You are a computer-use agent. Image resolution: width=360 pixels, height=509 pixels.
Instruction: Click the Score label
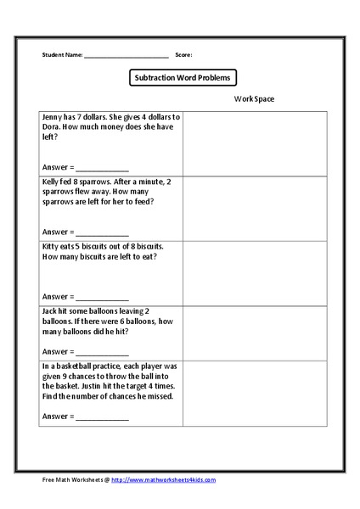coord(183,54)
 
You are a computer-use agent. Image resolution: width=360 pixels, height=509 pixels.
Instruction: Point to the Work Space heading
coord(255,99)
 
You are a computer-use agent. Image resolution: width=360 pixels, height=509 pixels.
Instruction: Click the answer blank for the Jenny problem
coord(102,167)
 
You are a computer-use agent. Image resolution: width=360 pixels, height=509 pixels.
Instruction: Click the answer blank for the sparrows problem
coord(102,232)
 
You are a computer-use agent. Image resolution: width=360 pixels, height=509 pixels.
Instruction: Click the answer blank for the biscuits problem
coord(102,297)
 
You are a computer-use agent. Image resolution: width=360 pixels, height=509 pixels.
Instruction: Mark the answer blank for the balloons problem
coord(102,352)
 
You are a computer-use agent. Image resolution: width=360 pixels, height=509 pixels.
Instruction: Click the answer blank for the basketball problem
coord(102,417)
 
